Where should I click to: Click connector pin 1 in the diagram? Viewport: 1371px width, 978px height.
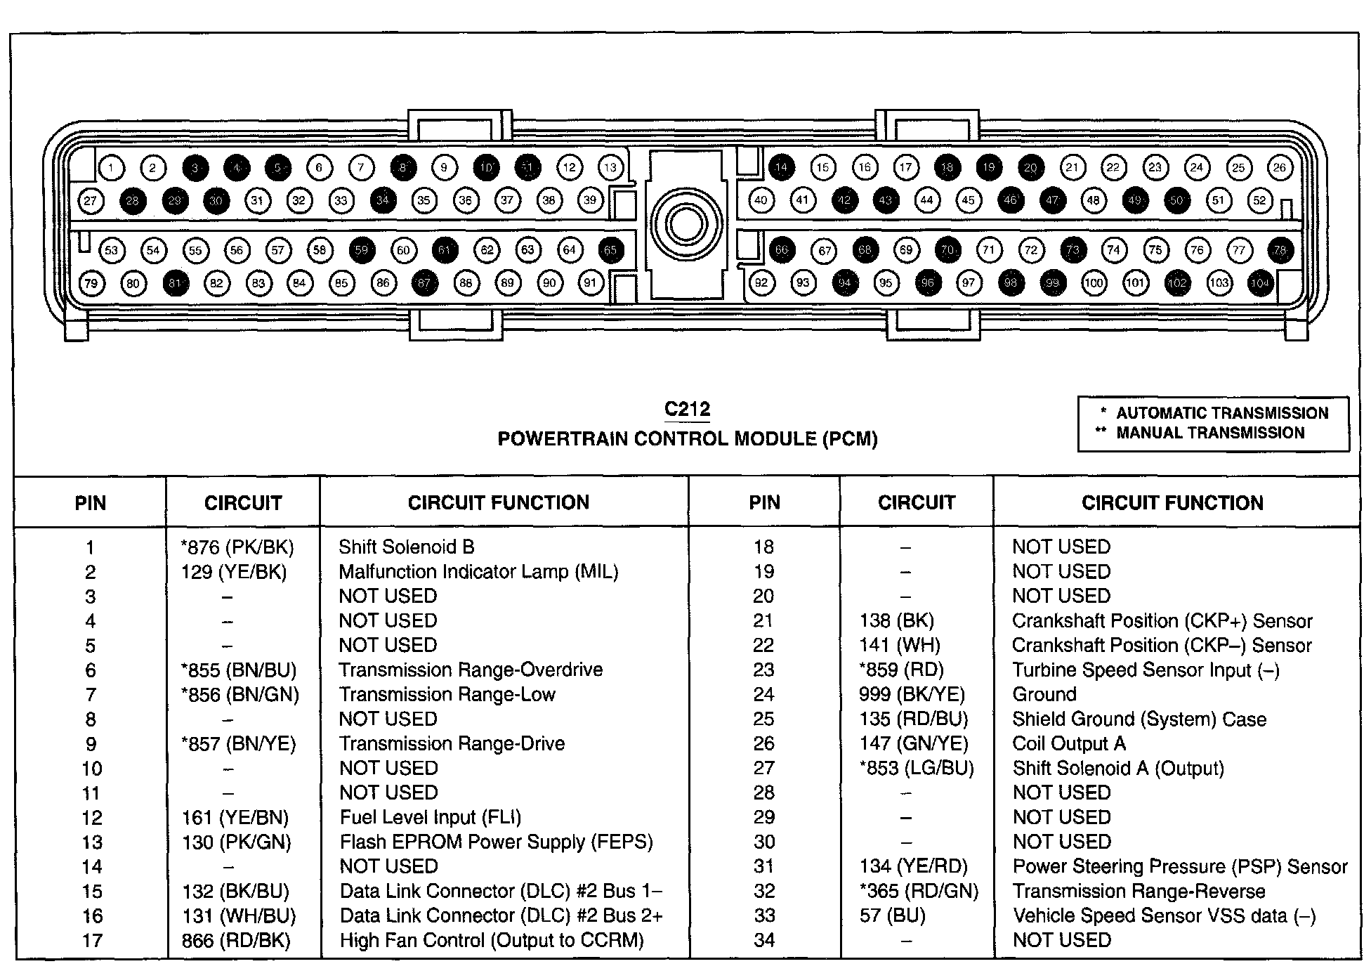111,167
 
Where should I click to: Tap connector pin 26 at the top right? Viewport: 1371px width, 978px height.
1280,167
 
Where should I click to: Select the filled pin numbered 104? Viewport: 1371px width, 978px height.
1260,283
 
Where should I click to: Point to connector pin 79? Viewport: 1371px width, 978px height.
91,283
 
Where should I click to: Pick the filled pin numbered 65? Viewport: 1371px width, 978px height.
610,250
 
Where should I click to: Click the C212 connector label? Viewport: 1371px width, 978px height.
687,410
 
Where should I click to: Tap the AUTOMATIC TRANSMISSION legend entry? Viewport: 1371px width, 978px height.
1221,413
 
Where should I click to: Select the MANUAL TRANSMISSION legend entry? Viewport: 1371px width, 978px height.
1209,433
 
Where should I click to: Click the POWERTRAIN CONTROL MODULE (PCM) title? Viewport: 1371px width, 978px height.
687,439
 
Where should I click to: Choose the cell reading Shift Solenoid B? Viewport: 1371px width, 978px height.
406,547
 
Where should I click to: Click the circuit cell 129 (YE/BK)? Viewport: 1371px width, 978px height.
234,572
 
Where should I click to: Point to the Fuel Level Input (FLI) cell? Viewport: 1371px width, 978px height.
430,817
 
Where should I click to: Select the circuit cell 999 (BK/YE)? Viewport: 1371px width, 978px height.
911,695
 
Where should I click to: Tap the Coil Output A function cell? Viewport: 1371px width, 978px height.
1068,743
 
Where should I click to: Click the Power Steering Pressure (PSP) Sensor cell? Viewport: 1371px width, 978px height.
1179,867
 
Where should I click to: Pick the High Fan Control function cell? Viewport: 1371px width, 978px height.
492,940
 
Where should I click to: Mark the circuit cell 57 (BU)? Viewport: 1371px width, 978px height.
892,915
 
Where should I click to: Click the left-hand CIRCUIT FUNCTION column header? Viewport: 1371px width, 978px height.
498,502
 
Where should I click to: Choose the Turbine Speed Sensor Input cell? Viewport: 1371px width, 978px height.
1145,670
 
